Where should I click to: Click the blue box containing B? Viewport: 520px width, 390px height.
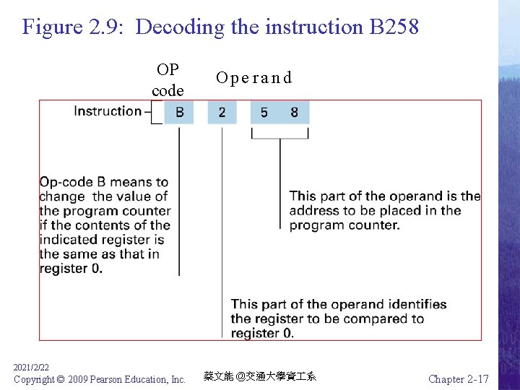point(179,112)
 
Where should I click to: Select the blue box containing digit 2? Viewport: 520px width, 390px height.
point(222,112)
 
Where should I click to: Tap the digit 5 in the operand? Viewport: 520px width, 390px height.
point(264,112)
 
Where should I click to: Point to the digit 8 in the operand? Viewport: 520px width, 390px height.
point(295,112)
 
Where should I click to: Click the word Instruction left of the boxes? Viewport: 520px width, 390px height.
point(108,111)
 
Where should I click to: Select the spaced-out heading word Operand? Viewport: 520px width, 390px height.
point(253,78)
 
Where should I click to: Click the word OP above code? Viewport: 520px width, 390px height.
point(168,70)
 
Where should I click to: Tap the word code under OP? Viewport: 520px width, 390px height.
point(168,91)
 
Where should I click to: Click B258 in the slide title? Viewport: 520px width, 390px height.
point(394,27)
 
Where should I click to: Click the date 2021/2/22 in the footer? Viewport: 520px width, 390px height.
point(31,368)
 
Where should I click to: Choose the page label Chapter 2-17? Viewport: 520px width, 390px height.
point(458,378)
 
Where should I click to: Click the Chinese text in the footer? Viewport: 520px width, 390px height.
point(259,376)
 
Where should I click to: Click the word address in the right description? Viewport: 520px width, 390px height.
point(313,211)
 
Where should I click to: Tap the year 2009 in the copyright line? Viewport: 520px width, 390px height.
point(80,379)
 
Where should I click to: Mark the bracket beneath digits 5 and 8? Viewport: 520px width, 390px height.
point(279,134)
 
